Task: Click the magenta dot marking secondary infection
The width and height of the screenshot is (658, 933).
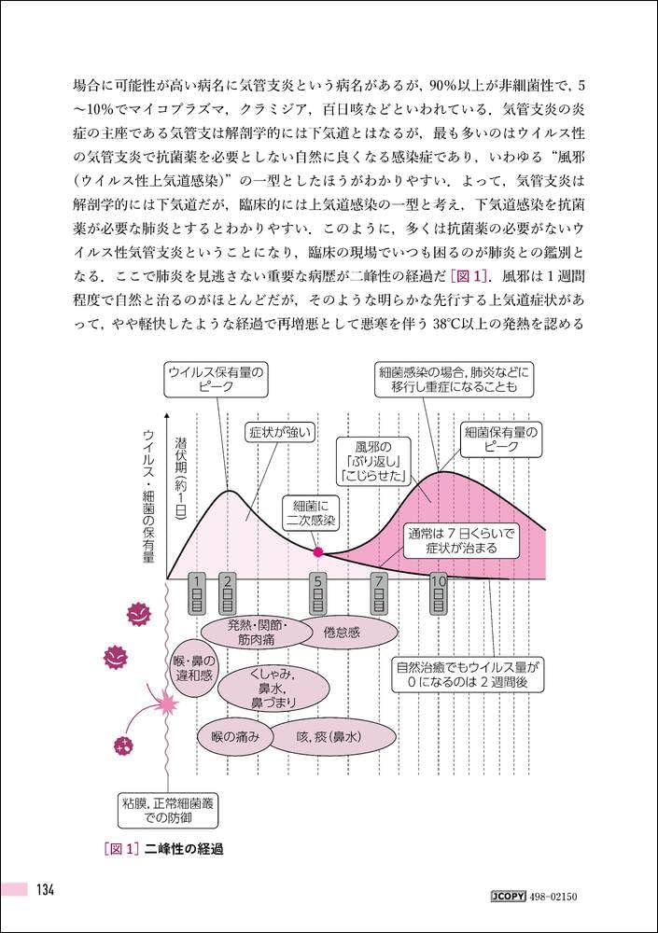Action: tap(318, 552)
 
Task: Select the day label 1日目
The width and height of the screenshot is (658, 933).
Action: tap(197, 593)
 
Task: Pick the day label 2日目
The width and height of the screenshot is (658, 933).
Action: tap(228, 593)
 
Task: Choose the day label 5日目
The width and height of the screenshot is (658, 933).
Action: tap(318, 593)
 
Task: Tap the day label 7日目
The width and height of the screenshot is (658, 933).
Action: tap(380, 593)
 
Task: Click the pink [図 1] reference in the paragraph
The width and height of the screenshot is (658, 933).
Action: tap(469, 275)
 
